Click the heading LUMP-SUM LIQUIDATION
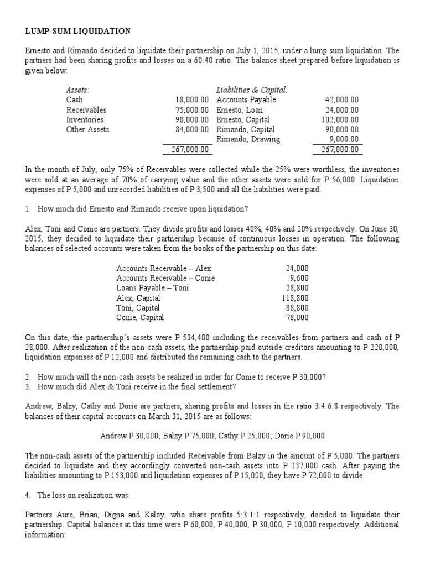pyautogui.click(x=79, y=31)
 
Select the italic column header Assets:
pyautogui.click(x=78, y=90)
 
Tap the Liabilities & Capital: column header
pyautogui.click(x=252, y=90)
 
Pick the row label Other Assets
pyautogui.click(x=87, y=129)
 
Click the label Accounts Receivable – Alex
pyautogui.click(x=164, y=268)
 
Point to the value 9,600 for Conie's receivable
pyautogui.click(x=299, y=278)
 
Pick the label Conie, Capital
pyautogui.click(x=140, y=318)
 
